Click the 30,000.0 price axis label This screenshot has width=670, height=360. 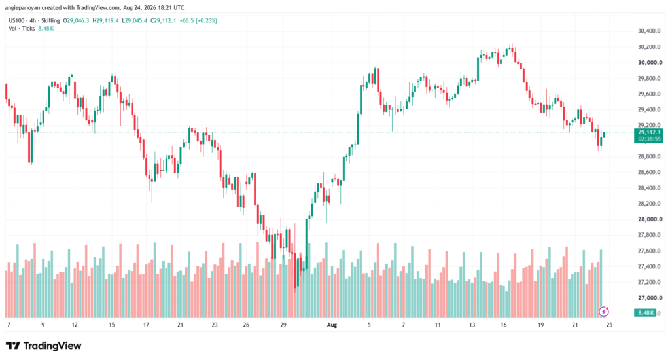click(650, 62)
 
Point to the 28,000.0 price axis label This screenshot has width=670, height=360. click(650, 219)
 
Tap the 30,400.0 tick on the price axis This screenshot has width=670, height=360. click(649, 31)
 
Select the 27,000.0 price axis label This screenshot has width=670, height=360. click(649, 298)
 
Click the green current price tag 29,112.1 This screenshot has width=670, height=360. click(649, 132)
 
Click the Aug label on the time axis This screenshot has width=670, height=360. click(332, 325)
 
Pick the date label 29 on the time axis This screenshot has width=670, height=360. click(283, 325)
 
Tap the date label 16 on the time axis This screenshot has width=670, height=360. click(504, 325)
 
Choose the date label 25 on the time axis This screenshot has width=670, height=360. click(609, 325)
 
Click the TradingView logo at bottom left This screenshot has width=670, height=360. click(44, 346)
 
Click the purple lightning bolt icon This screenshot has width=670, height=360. click(603, 312)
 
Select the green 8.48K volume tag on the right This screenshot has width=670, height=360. click(646, 313)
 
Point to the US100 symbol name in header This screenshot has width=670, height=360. click(16, 20)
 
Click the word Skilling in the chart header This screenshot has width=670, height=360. click(50, 20)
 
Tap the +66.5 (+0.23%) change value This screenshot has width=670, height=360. click(198, 20)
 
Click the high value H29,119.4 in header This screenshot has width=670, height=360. click(105, 20)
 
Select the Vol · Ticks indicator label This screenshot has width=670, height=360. click(22, 29)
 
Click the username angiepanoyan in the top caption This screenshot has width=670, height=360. click(22, 8)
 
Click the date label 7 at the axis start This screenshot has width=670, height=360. click(9, 325)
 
